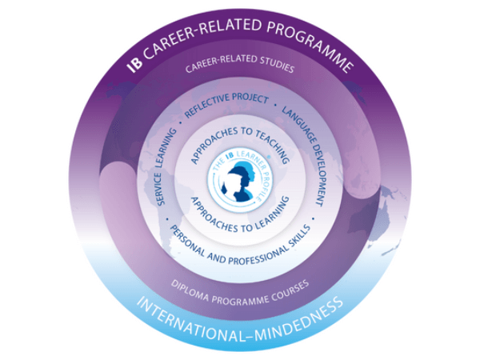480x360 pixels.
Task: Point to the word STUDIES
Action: click(x=277, y=64)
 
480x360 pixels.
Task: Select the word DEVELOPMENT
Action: click(x=318, y=175)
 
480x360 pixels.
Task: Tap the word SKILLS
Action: click(x=301, y=235)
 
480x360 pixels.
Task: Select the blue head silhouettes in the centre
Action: click(x=240, y=182)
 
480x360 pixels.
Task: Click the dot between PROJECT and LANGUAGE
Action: click(x=275, y=105)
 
